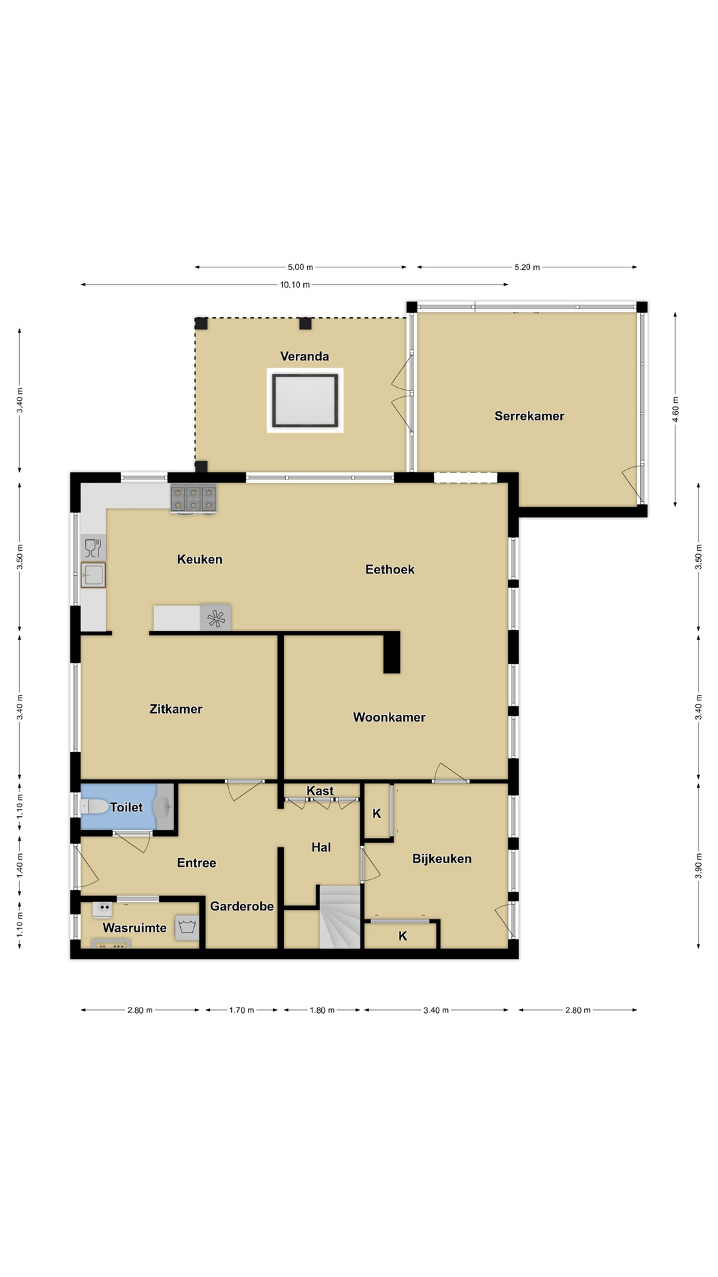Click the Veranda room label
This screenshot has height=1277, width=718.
304,356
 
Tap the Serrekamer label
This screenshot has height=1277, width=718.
529,416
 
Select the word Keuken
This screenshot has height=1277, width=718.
199,559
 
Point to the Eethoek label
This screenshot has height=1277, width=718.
390,569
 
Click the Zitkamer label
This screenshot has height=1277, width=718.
176,709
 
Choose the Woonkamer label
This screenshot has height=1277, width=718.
389,718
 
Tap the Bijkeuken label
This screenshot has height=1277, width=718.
442,859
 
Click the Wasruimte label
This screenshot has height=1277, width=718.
135,928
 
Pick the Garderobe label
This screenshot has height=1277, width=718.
242,906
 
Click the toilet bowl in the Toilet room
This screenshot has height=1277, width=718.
95,807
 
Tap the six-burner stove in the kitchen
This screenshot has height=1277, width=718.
193,499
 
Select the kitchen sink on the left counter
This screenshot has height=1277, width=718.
93,575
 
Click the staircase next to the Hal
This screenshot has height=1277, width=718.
340,917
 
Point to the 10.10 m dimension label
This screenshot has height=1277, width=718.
295,285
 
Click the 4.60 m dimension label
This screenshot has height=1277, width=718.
675,409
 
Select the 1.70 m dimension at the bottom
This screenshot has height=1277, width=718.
242,1010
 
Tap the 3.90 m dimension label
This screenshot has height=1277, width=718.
699,865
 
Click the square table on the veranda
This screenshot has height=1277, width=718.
305,400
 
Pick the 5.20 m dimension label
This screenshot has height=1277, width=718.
527,267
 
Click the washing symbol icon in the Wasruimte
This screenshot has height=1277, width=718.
187,927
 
